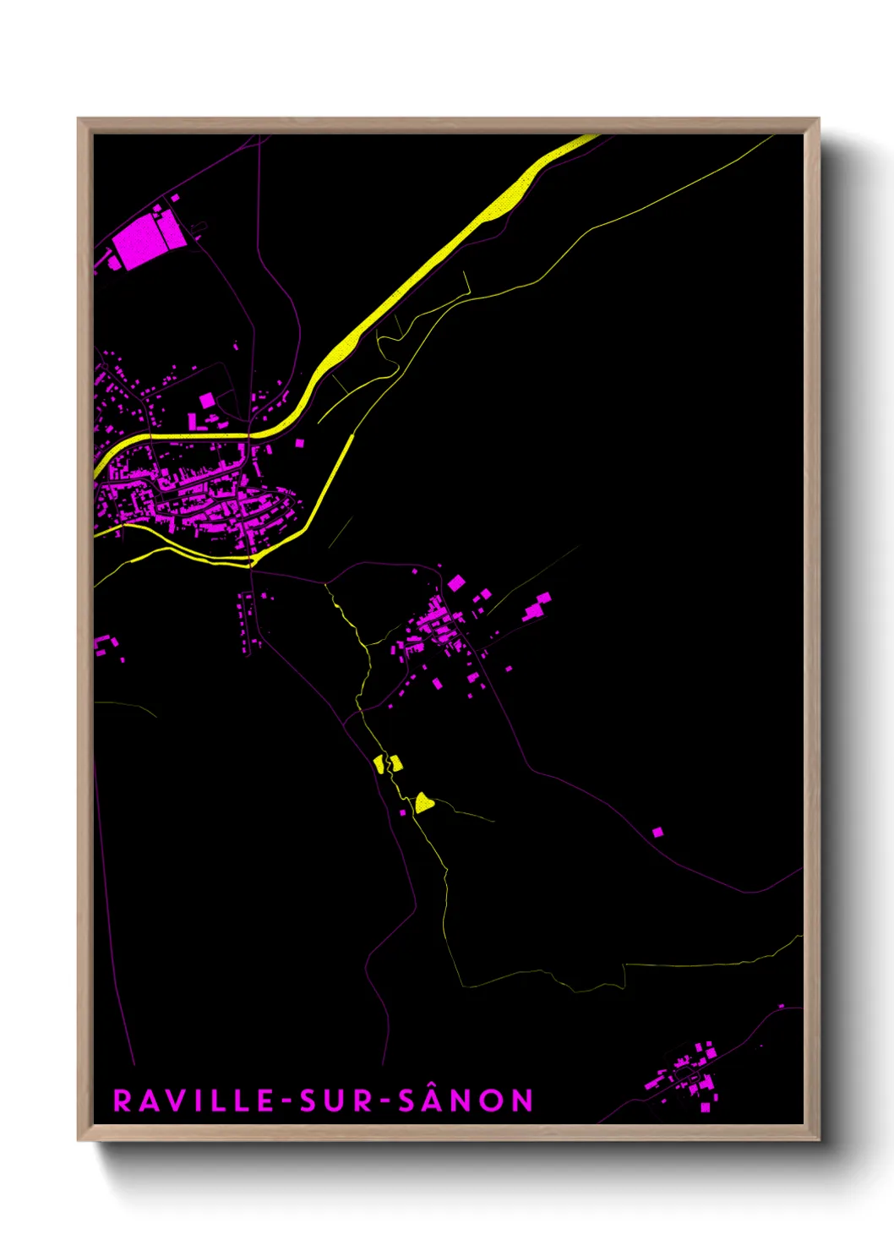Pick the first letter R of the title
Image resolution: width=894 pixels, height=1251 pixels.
[122, 1101]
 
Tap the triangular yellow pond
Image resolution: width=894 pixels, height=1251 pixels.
[423, 802]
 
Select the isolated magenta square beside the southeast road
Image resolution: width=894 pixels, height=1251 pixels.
[657, 833]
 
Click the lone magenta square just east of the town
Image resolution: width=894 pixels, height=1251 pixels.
[299, 442]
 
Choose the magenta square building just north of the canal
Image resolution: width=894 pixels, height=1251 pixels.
[207, 400]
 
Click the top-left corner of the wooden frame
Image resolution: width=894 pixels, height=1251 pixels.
[79, 119]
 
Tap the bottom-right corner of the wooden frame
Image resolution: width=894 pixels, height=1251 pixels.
[818, 1139]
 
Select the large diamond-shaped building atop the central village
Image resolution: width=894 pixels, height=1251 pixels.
[456, 582]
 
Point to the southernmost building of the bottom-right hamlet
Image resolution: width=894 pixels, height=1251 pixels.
[706, 1107]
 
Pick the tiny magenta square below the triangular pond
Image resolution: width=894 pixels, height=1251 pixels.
[403, 813]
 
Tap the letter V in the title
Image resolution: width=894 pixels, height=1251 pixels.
[170, 1101]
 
